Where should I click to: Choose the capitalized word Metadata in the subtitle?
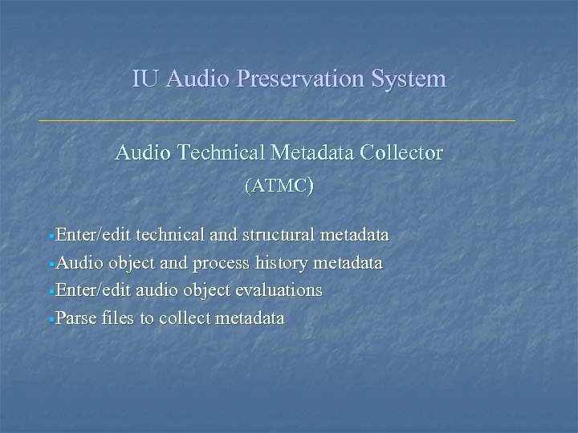(311, 152)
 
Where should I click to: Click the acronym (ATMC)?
(278, 187)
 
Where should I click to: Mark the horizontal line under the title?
(277, 120)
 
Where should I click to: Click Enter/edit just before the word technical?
(94, 236)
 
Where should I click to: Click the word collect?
(183, 318)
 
